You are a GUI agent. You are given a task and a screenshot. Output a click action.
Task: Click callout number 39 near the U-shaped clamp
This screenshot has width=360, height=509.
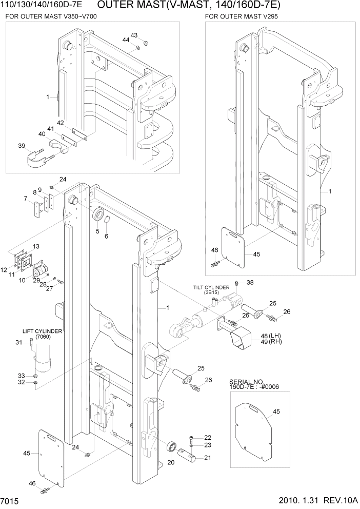22,146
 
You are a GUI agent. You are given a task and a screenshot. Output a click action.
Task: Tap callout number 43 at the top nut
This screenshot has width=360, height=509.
134,35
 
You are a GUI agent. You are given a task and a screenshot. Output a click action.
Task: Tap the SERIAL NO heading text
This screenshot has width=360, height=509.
246,382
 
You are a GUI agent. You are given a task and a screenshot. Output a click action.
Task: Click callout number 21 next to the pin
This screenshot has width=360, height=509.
207,458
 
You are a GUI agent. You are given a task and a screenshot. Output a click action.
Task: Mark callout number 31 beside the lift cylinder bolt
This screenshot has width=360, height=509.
19,343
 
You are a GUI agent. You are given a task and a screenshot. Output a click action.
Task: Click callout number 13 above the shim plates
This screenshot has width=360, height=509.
36,247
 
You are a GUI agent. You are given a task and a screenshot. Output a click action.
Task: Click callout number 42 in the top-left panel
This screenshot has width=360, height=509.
60,123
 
